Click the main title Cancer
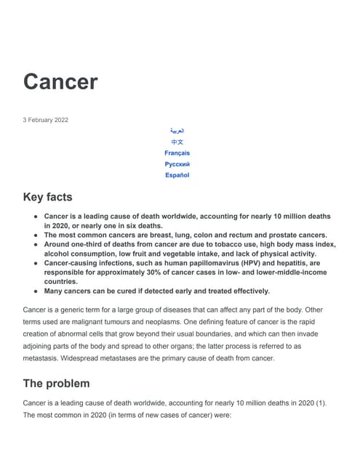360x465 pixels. point(60,81)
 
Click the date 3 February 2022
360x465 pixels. point(46,120)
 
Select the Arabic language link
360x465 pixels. point(177,131)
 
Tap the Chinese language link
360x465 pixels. point(177,142)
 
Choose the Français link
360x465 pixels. point(177,153)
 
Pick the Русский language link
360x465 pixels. point(177,164)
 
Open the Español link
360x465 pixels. point(177,175)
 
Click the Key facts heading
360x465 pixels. point(48,198)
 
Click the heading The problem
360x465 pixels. point(57,383)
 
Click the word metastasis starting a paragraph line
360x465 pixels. point(43,358)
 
